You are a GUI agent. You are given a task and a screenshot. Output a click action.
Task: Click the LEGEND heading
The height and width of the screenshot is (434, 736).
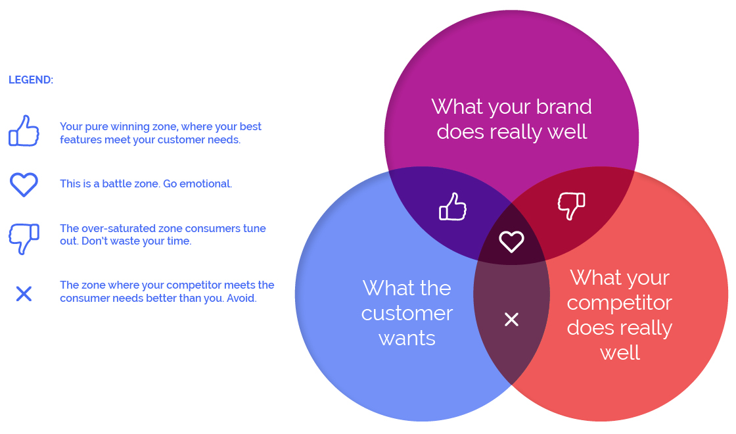coord(31,80)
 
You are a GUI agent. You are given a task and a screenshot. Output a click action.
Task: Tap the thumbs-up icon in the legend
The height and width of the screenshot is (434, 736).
coord(24,131)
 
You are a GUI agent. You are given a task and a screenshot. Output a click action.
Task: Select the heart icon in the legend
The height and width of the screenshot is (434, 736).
coord(24,185)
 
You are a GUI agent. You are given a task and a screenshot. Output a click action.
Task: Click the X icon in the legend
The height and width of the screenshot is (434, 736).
coord(24,293)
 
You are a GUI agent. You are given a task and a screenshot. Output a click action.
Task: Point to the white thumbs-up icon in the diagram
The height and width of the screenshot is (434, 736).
coord(453,206)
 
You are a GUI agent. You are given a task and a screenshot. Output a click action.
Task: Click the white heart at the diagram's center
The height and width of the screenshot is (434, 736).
coord(511,241)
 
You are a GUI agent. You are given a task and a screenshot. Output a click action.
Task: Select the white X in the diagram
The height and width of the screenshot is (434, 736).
coord(511,320)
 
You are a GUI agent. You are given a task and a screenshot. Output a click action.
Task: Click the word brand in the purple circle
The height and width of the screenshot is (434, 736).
coord(564,107)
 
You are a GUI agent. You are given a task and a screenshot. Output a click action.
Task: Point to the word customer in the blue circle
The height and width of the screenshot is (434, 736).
coord(407,313)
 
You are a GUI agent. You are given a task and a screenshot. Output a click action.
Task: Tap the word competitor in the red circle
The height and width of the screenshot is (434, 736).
coord(619,303)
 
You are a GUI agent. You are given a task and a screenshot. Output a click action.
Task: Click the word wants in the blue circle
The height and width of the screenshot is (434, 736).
coord(407,339)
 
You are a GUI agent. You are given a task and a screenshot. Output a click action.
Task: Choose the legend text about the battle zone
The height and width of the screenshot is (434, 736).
coord(146,183)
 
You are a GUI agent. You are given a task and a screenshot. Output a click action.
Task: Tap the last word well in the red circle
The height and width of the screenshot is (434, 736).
coord(620,352)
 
